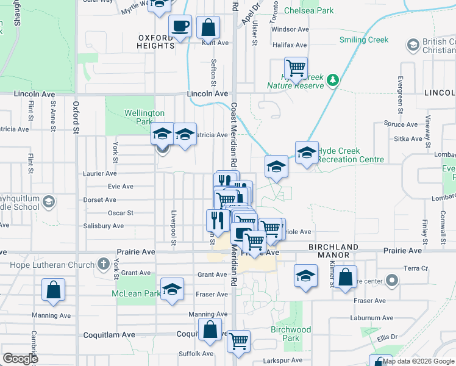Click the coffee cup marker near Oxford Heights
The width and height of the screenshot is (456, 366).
pos(180,27)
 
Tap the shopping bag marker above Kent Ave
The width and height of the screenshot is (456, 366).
pos(208,27)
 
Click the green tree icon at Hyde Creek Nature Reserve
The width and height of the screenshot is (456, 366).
pos(332,80)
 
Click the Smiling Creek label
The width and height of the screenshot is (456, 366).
pos(363,40)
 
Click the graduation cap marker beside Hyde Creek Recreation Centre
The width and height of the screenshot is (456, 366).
pos(307,153)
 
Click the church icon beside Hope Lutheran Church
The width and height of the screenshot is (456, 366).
pos(105,265)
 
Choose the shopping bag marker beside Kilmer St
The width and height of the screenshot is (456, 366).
pos(345,277)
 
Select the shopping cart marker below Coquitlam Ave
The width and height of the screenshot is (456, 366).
pos(238,342)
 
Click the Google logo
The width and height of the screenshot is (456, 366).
pos(20,359)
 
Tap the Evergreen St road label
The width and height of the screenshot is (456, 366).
pos(401,95)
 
